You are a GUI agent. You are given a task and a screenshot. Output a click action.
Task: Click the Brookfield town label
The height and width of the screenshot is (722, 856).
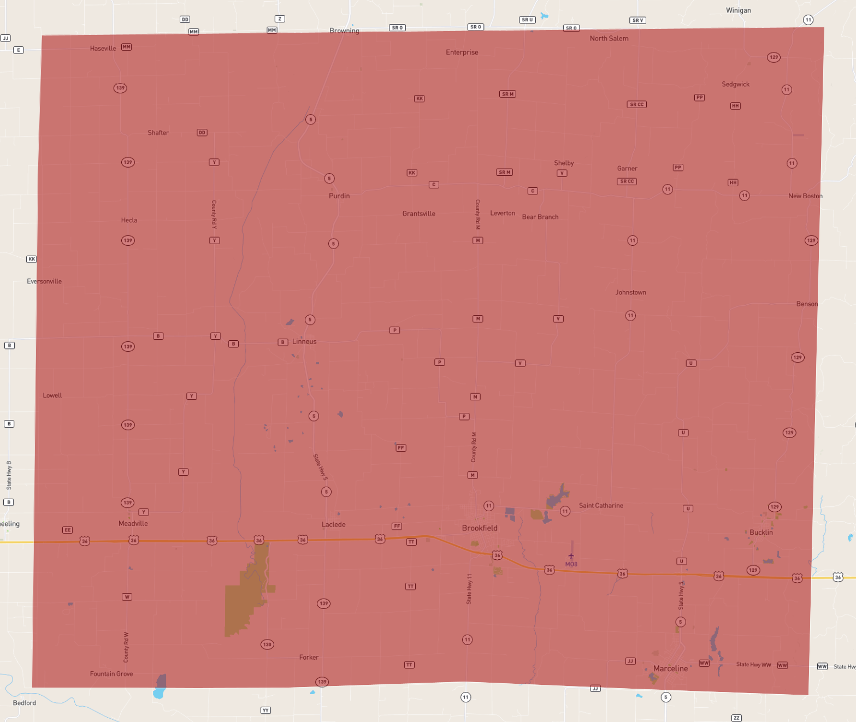click(x=480, y=528)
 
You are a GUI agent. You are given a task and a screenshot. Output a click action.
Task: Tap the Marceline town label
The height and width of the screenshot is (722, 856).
click(x=670, y=668)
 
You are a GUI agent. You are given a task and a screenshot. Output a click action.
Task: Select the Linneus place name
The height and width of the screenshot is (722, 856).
click(x=304, y=341)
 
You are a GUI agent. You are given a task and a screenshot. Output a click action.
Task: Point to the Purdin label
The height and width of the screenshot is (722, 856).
click(x=339, y=196)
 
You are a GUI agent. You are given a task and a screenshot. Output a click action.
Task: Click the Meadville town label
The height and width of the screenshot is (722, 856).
click(x=133, y=523)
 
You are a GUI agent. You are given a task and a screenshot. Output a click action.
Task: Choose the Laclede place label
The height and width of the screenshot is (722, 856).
click(x=333, y=524)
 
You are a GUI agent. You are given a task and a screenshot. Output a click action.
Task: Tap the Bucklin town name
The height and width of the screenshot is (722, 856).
click(x=761, y=532)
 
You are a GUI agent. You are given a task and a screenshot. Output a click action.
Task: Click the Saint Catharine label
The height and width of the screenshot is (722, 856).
click(x=601, y=505)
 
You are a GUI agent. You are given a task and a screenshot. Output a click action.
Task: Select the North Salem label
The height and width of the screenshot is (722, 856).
click(x=609, y=38)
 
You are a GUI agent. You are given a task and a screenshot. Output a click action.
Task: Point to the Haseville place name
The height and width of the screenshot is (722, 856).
click(x=103, y=48)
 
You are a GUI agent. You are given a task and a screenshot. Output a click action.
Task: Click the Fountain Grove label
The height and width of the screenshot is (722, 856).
click(x=111, y=673)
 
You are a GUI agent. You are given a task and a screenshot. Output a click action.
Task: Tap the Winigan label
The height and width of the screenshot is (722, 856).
click(x=738, y=10)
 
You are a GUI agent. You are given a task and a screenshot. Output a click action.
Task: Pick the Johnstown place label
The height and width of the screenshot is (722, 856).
click(x=630, y=292)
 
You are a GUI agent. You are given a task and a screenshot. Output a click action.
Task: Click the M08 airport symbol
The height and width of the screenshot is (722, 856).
click(x=571, y=556)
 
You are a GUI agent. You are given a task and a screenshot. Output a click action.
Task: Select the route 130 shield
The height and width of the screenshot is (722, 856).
click(x=267, y=644)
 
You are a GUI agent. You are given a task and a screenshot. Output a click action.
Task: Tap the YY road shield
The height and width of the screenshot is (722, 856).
click(x=265, y=711)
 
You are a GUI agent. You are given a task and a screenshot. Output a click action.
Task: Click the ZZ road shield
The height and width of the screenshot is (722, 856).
click(x=736, y=718)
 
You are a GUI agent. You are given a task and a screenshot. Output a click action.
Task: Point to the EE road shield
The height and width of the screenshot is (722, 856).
click(x=67, y=530)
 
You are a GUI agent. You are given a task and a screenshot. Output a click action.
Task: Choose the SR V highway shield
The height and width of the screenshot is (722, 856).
click(x=637, y=20)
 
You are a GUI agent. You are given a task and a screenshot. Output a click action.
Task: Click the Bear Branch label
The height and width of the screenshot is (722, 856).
click(x=540, y=217)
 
